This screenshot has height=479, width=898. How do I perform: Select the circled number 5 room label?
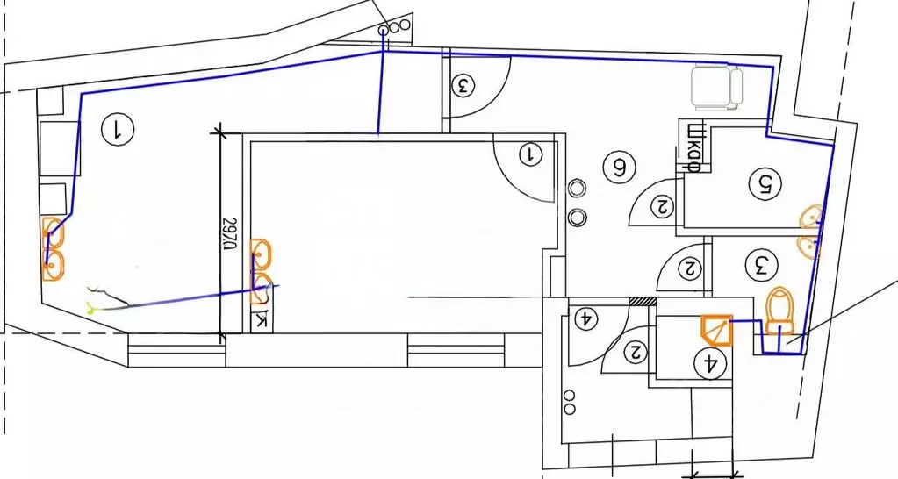point(765,183)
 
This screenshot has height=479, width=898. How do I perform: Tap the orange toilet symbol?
point(780,310)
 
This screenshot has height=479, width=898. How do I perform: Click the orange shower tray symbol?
point(717,330)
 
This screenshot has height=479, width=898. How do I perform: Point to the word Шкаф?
point(693,147)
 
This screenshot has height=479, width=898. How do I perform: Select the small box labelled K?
point(262,322)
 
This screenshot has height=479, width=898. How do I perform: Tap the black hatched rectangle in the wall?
point(643,301)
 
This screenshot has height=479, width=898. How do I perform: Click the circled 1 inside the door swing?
point(531,154)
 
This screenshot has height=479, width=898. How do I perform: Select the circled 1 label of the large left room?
point(117,129)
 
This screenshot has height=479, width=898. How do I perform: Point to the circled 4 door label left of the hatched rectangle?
point(586,318)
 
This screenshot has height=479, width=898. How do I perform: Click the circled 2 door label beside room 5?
point(664,205)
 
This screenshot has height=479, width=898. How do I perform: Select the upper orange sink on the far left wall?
point(54,234)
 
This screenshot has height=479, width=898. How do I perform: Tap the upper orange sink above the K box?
point(262,254)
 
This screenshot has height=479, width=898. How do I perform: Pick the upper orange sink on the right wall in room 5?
point(811,217)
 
